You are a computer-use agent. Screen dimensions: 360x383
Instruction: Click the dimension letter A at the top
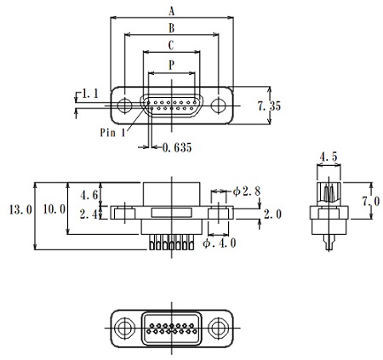(171, 11)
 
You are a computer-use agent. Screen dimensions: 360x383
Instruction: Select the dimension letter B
(171, 28)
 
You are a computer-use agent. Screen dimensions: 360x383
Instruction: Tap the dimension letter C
(171, 45)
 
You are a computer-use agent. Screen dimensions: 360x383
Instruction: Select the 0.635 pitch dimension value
(175, 147)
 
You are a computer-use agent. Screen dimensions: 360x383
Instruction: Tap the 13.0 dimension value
(19, 209)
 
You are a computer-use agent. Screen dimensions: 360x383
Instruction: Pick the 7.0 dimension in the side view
(370, 201)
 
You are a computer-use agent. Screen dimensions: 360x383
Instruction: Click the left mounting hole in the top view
(125, 107)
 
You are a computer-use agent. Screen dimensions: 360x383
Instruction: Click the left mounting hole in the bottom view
(125, 327)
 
